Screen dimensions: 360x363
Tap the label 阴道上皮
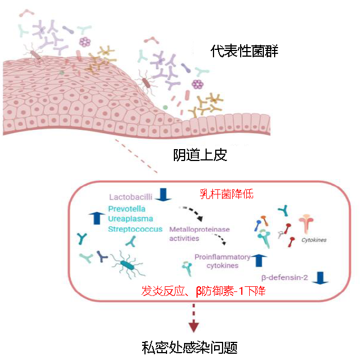click(x=200, y=155)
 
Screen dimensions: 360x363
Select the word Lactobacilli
click(x=130, y=197)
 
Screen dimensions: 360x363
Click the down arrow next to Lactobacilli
click(x=164, y=195)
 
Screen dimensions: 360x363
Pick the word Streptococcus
click(x=135, y=229)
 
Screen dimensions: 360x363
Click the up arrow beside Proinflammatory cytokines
click(x=259, y=260)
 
